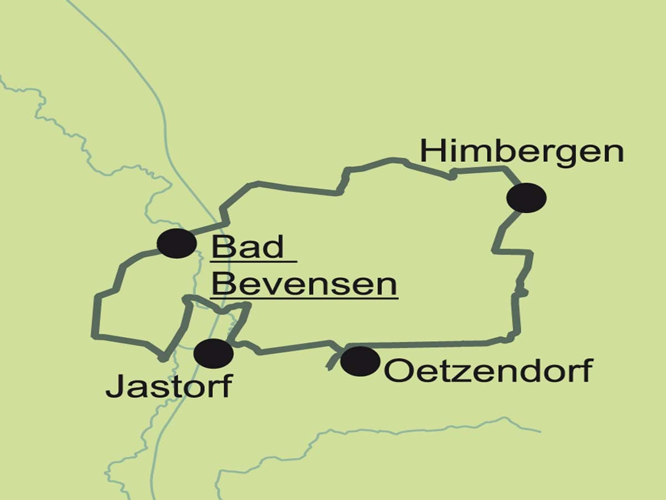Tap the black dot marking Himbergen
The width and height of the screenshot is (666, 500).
click(527, 198)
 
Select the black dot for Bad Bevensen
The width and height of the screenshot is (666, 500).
click(176, 243)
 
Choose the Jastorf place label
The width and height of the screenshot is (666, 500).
click(168, 387)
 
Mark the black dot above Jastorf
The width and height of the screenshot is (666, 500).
click(214, 354)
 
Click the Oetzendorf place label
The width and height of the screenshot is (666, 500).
click(488, 371)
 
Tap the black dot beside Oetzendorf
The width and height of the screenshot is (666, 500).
click(360, 361)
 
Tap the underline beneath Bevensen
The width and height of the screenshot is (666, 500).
click(305, 299)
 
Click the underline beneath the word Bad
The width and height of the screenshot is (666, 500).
click(254, 261)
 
